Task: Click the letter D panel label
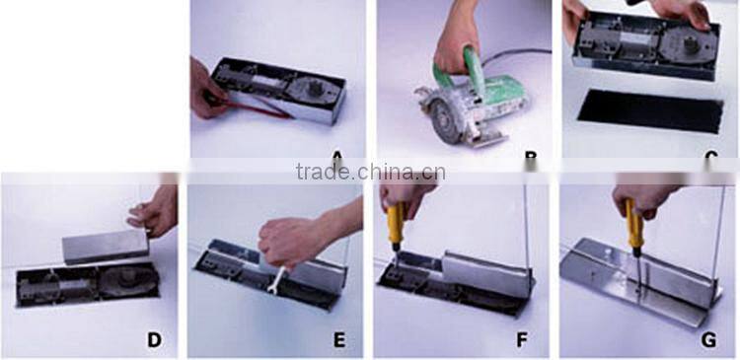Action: point(154,341)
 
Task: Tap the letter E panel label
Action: point(339,341)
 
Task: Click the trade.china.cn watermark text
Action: point(370,173)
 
